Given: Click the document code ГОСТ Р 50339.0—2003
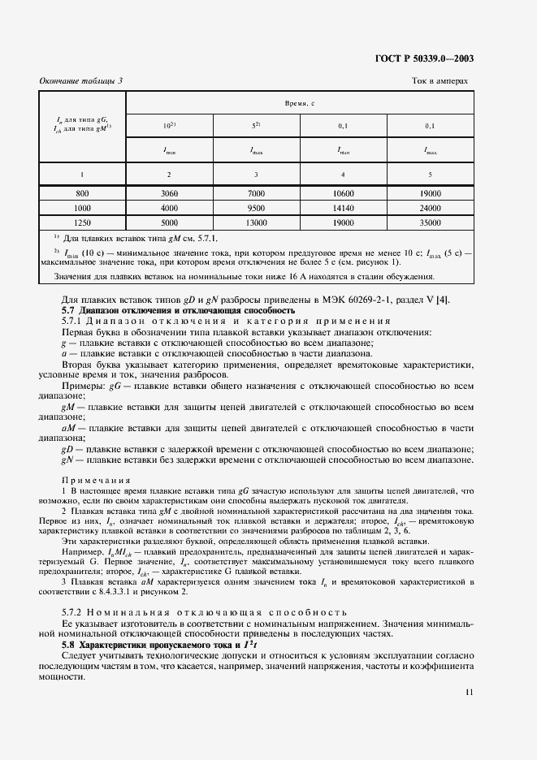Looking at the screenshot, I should [426, 58].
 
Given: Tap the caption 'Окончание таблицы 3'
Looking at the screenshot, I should [81, 80].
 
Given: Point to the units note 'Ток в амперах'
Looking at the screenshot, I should [440, 80].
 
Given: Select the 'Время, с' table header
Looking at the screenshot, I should [299, 105].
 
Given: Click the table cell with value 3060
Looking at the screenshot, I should [169, 194].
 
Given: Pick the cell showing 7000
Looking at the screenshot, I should [256, 194].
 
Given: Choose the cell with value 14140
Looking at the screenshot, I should [343, 207].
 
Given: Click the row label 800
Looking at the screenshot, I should [82, 194].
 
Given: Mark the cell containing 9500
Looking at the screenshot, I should [256, 207].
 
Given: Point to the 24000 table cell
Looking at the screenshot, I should [430, 207].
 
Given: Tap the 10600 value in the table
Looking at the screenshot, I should [343, 194].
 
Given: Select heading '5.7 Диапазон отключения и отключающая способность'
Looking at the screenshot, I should [179, 311].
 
